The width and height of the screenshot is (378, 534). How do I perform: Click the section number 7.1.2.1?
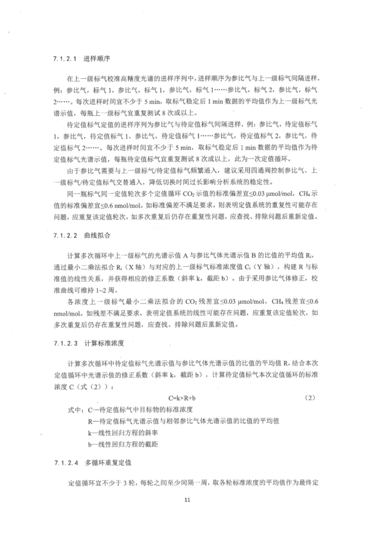[x=65, y=59]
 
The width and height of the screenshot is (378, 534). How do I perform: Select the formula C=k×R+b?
[x=188, y=398]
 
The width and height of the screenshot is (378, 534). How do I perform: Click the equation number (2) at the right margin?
[x=310, y=398]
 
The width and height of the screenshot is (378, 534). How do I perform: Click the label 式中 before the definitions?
[x=73, y=409]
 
